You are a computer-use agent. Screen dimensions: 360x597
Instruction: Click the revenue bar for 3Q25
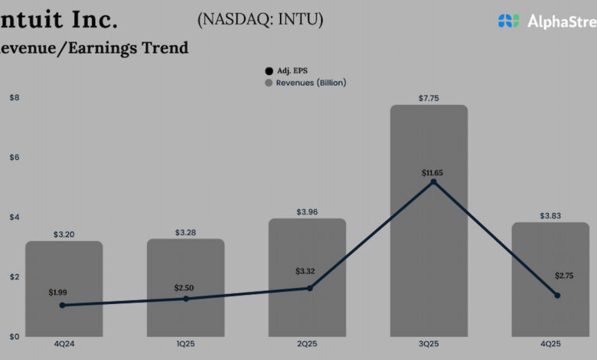click(x=429, y=222)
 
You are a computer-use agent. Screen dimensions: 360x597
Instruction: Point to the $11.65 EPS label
click(x=432, y=173)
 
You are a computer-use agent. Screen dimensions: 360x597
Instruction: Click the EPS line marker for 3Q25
click(x=433, y=182)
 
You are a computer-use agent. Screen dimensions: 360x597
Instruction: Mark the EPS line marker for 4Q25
click(x=557, y=295)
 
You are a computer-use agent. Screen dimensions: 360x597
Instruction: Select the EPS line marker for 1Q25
click(x=186, y=299)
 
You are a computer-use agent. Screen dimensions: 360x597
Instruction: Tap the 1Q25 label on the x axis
click(x=185, y=344)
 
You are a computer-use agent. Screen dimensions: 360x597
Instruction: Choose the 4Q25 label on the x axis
click(x=550, y=344)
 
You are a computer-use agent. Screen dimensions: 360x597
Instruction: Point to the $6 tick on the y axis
click(x=15, y=157)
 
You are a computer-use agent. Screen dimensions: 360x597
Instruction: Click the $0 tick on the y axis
click(x=15, y=336)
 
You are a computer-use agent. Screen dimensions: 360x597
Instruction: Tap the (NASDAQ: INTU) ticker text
click(x=260, y=21)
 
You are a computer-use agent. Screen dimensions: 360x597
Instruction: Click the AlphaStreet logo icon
click(x=509, y=21)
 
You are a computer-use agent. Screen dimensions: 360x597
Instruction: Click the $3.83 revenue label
click(x=550, y=215)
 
